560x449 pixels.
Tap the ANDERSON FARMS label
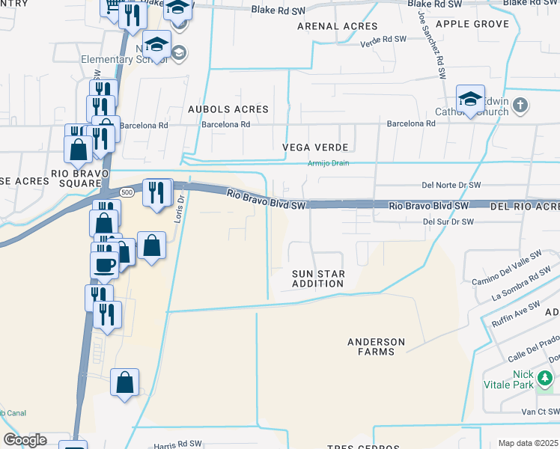tap(376, 346)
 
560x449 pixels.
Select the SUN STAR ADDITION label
tap(317, 279)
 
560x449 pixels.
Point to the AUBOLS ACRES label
tap(228, 109)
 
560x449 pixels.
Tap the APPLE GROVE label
tap(472, 24)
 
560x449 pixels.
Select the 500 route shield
tap(128, 192)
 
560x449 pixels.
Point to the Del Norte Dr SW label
tap(450, 185)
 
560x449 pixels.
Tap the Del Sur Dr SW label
tap(448, 222)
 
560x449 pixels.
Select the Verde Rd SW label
tap(383, 39)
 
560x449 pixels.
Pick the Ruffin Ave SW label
tap(516, 314)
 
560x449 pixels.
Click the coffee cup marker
tap(104, 264)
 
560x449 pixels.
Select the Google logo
tap(25, 440)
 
